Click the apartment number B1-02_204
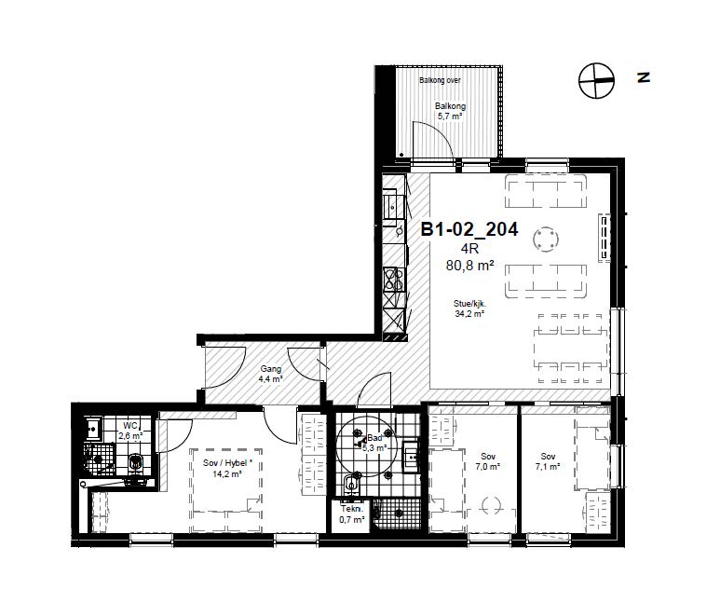click(469, 229)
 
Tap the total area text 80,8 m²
click(469, 265)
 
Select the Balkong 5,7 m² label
click(450, 111)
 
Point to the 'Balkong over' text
click(440, 80)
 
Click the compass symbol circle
click(596, 80)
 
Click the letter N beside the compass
click(644, 77)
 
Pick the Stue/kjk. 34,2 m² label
click(469, 308)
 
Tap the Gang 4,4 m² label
click(270, 374)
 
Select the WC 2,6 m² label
click(130, 431)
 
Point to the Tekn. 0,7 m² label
click(352, 514)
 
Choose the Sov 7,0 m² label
click(488, 461)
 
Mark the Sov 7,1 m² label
click(548, 461)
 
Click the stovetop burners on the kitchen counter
click(394, 279)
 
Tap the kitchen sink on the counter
click(393, 208)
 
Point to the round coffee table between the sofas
click(546, 240)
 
